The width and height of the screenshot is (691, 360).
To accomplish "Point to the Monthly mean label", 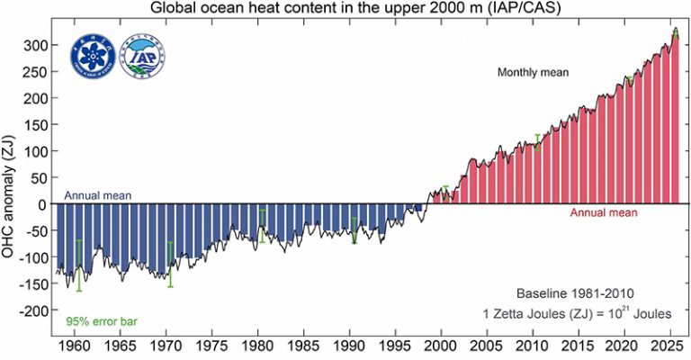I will pos(534,72).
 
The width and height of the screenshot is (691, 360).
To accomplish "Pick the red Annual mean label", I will pos(604,213).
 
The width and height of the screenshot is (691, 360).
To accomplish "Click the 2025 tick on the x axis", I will pos(669,345).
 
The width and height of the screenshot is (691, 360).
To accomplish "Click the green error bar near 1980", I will pos(262,226).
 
